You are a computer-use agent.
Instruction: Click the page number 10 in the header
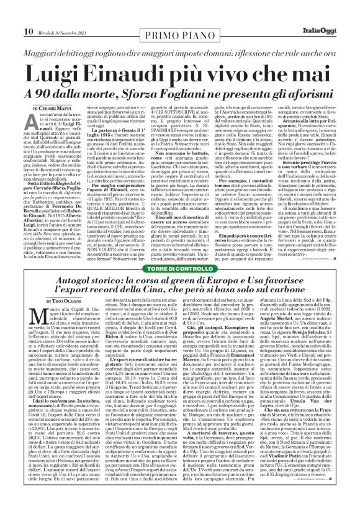click(x=11, y=13)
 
